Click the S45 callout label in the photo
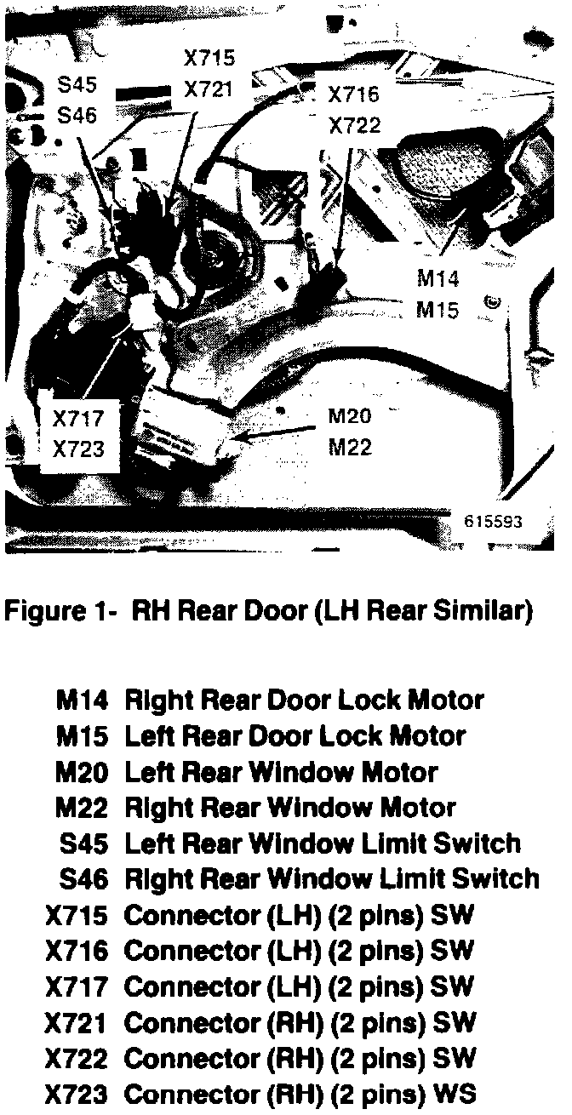[77, 85]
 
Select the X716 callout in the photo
[354, 96]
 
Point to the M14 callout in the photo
[438, 279]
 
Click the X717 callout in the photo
[77, 420]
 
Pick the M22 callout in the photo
[351, 446]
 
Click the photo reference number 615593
[494, 522]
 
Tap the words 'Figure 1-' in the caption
[59, 612]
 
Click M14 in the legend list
[82, 700]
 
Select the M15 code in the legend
[82, 736]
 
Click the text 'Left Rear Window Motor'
[281, 773]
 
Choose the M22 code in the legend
[82, 808]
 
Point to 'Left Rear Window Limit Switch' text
[323, 843]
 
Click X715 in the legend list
[77, 916]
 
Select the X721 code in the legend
[77, 1023]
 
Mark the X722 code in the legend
[77, 1059]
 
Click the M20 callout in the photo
[351, 417]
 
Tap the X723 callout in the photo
[77, 449]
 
